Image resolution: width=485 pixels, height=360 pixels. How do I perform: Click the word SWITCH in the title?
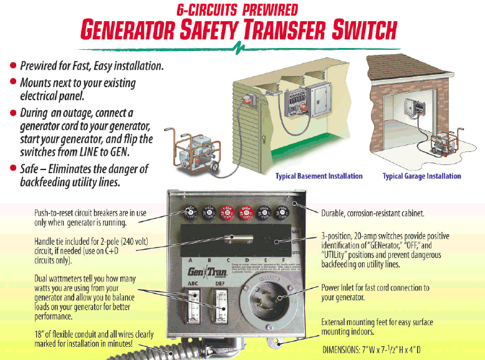tap(350, 29)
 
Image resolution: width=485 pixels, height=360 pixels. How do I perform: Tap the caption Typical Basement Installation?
tap(319, 176)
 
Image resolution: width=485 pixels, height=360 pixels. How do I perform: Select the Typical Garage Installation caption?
tap(421, 176)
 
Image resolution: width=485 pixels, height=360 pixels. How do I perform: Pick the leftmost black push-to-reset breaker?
tap(190, 212)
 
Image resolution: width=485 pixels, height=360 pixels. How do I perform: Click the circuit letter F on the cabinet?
tap(284, 260)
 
